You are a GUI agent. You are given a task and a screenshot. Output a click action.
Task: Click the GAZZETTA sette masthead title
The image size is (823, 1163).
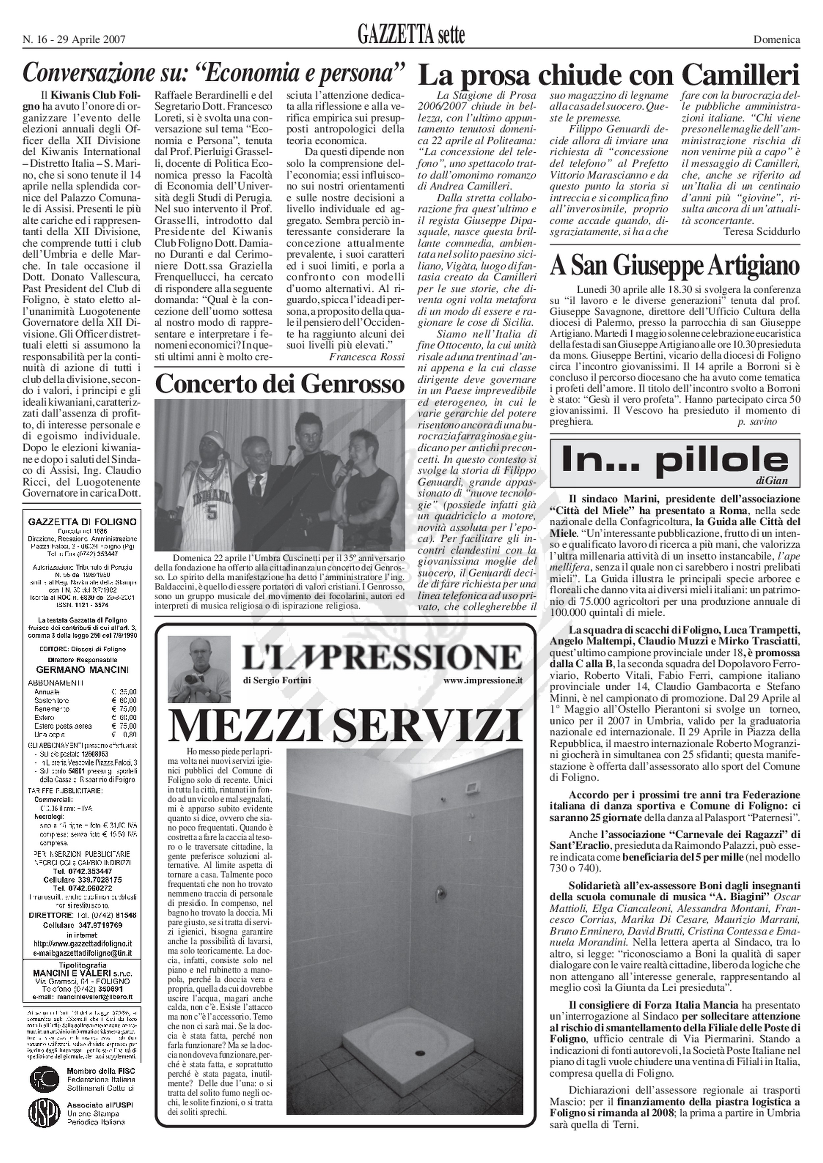pos(411,36)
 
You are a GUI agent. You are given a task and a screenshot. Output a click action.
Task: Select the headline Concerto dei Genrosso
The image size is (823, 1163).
pos(280,385)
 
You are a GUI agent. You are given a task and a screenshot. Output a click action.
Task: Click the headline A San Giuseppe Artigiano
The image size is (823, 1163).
pos(675,265)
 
